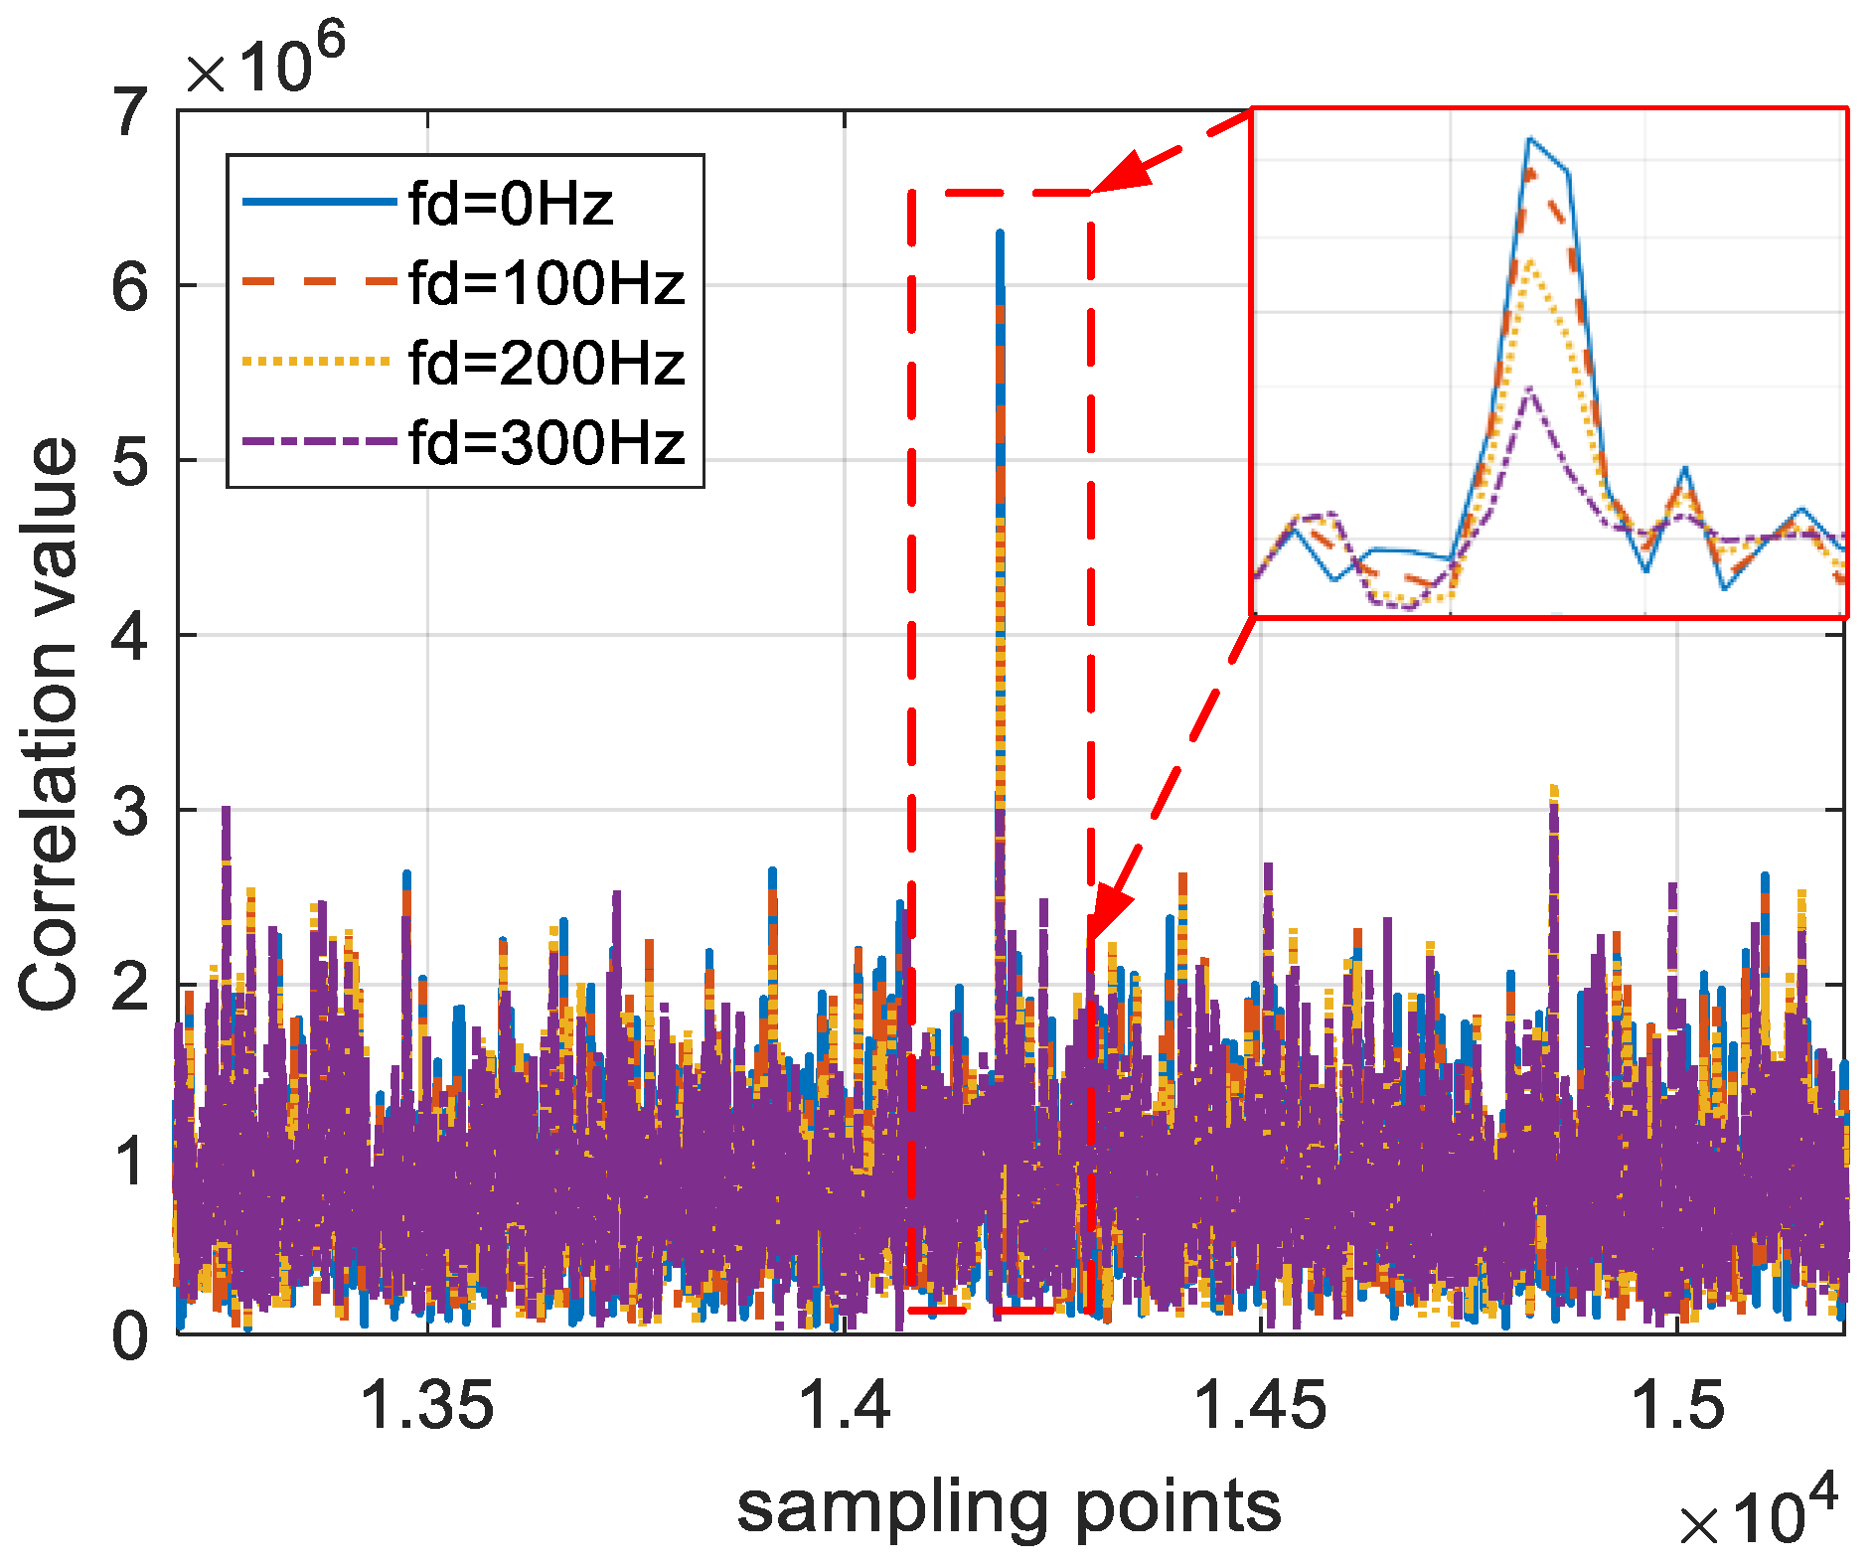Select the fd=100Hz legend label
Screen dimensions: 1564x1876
[x=547, y=283]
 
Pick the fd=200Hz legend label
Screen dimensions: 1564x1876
[x=547, y=363]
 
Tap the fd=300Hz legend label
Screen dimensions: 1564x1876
[x=547, y=442]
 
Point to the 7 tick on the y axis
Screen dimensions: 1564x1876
[x=131, y=112]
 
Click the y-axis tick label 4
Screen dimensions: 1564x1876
[x=131, y=636]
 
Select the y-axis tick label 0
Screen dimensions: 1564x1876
[x=131, y=1334]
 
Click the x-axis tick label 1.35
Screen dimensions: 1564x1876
[x=427, y=1406]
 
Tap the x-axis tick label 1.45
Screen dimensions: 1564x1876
[x=1260, y=1406]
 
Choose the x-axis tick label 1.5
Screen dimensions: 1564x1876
[x=1677, y=1406]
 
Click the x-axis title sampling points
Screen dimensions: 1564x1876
[x=1009, y=1507]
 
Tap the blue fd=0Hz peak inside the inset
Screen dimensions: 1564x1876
[x=1530, y=139]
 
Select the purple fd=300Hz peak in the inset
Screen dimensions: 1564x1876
[x=1530, y=391]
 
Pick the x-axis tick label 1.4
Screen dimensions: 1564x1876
[x=844, y=1406]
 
